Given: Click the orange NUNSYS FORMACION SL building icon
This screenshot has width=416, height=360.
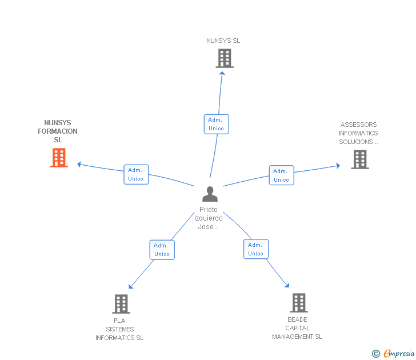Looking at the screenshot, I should coord(59,158).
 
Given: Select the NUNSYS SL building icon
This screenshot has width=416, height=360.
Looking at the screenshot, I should coord(225,58).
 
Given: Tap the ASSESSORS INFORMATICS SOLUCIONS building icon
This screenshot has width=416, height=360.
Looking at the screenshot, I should coord(359,159).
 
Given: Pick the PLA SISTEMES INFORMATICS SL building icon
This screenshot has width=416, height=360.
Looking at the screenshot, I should coord(121,303).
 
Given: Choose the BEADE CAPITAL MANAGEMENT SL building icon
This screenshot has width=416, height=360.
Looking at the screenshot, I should coord(298,302).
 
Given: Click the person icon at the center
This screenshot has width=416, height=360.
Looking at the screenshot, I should coord(210,194).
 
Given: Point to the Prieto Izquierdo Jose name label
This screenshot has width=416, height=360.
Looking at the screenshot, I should coord(209,218).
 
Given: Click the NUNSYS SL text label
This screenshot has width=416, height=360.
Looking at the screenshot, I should coord(223,41).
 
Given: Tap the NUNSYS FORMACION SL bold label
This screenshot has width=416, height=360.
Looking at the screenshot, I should coord(58,131).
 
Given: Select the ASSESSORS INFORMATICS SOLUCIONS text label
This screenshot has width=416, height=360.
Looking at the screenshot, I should coord(358,133).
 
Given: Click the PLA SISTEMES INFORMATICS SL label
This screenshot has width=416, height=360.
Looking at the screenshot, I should coord(119,329).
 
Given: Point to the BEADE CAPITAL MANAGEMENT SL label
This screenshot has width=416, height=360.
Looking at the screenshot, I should coord(297,328).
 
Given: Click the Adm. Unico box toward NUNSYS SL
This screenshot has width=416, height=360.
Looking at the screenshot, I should coord(216,124).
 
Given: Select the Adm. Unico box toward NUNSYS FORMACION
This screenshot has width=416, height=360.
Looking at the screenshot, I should coord(136,174).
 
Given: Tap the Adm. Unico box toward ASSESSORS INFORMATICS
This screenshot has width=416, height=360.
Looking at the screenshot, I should coord(281,175).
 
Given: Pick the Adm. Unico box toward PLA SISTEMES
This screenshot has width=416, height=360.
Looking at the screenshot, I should coord(162,250).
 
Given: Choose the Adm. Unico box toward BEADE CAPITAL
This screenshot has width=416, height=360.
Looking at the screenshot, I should coord(255,249).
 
